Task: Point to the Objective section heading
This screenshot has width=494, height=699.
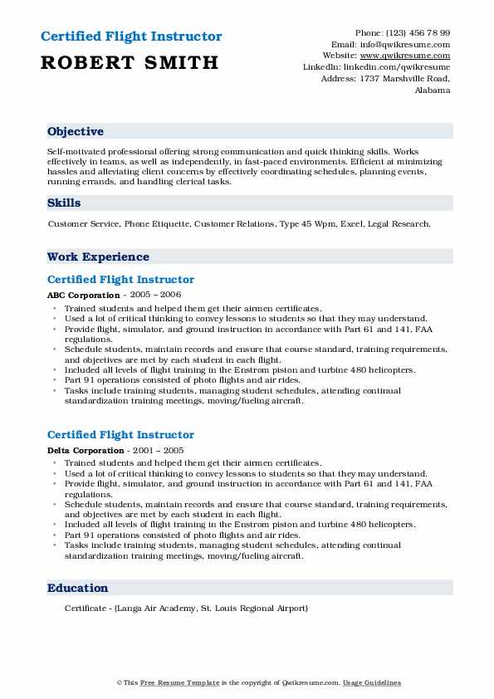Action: tap(76, 132)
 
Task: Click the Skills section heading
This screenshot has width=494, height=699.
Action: tap(64, 203)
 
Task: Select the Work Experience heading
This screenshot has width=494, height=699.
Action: tap(98, 257)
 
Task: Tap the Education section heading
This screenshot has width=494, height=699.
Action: tap(78, 588)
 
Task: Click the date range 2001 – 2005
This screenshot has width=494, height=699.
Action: tap(159, 450)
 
